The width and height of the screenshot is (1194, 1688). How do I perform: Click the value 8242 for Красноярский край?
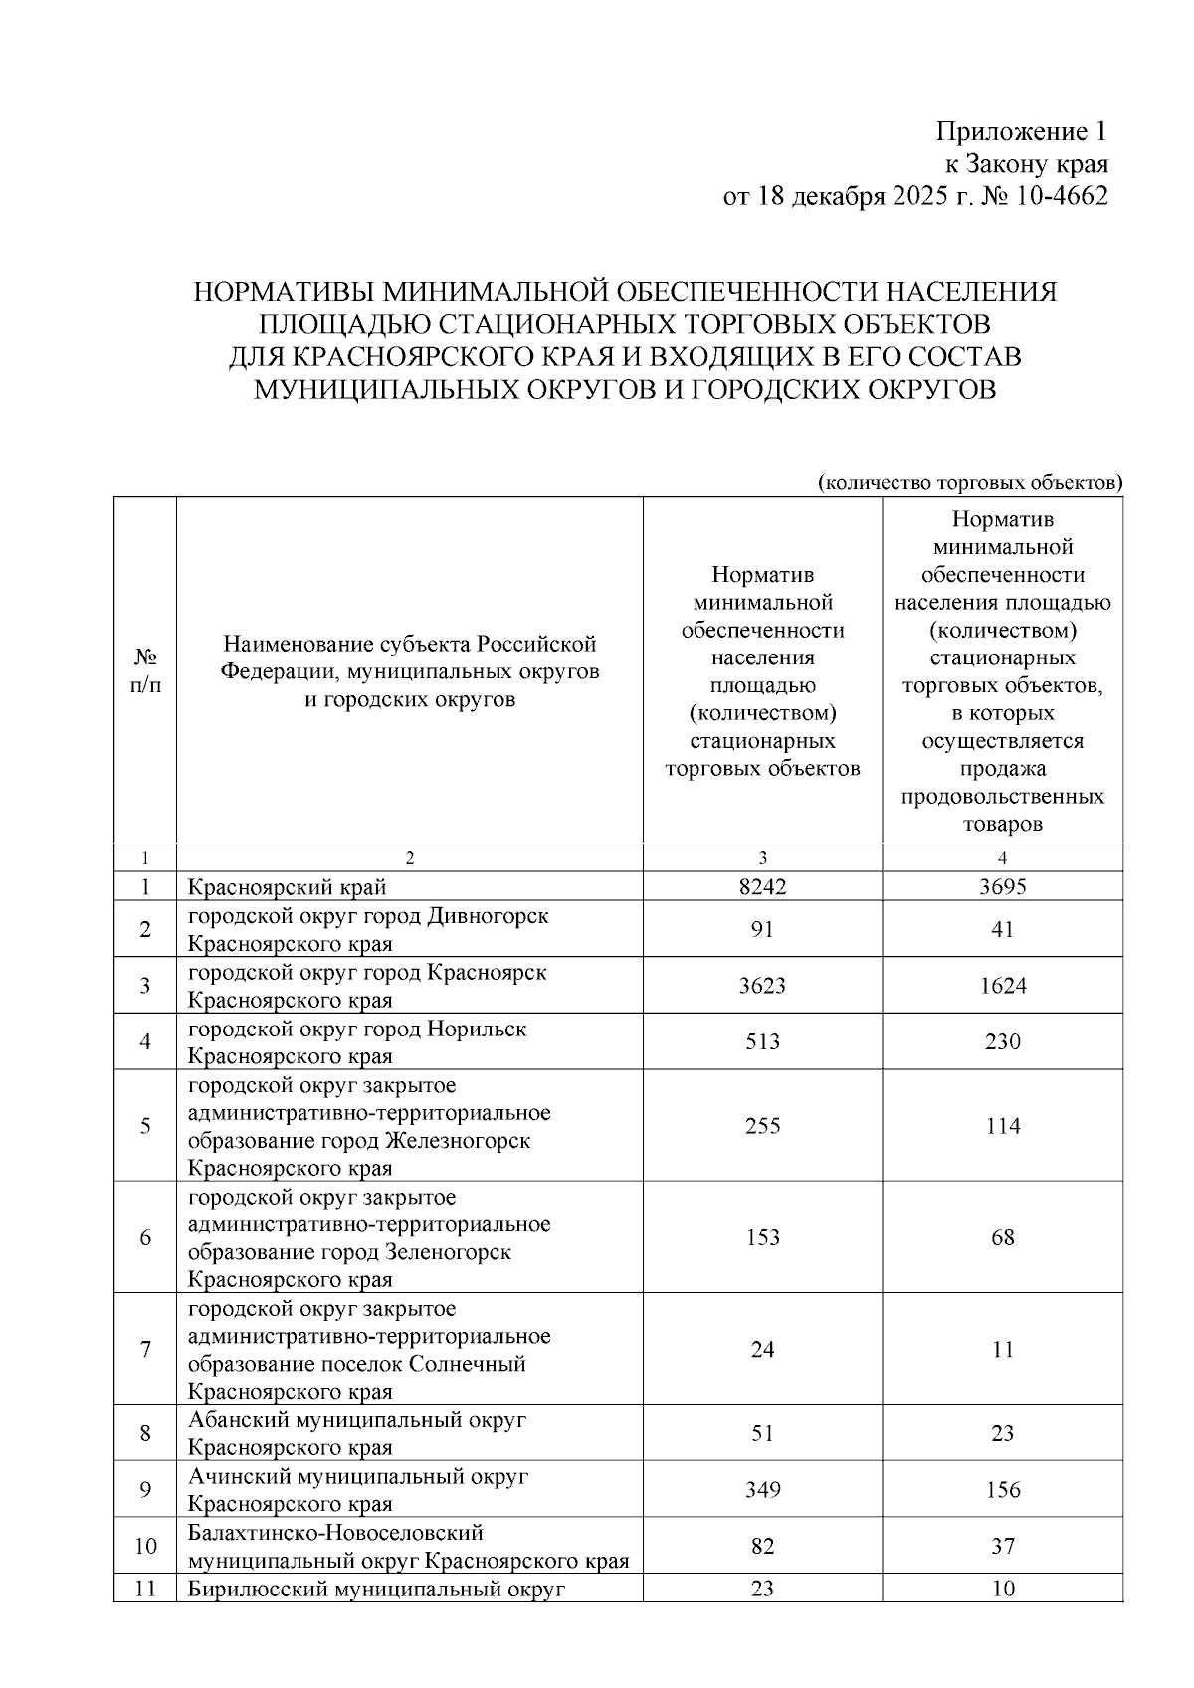coord(762,886)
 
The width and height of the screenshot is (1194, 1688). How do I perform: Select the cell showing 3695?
coord(1002,886)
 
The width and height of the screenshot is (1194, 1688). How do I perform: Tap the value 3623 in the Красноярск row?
coord(762,986)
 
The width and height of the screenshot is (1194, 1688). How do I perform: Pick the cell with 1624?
coord(1002,986)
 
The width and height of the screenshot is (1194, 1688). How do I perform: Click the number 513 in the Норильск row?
coord(762,1041)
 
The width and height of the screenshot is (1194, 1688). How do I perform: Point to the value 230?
coord(1002,1041)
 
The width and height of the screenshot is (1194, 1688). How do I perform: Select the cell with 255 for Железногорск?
coord(762,1126)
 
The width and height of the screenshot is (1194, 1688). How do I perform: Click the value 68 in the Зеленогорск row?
coord(1002,1237)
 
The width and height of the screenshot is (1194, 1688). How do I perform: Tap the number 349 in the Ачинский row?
coord(762,1489)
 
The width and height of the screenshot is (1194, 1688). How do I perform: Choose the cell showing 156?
coord(1002,1489)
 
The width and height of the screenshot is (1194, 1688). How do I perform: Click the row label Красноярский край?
coord(288,886)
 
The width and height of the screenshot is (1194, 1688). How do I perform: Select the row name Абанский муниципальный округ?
coord(357,1419)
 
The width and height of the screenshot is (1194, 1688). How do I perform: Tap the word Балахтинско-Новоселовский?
coord(335,1533)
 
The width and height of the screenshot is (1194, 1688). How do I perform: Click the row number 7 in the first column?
coord(145,1350)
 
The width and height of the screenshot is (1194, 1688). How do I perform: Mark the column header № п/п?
coord(145,671)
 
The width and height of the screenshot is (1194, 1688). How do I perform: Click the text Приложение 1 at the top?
coord(1021,132)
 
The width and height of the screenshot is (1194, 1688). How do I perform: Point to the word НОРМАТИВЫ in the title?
coord(284,292)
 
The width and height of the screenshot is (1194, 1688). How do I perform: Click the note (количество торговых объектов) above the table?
coord(970,483)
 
